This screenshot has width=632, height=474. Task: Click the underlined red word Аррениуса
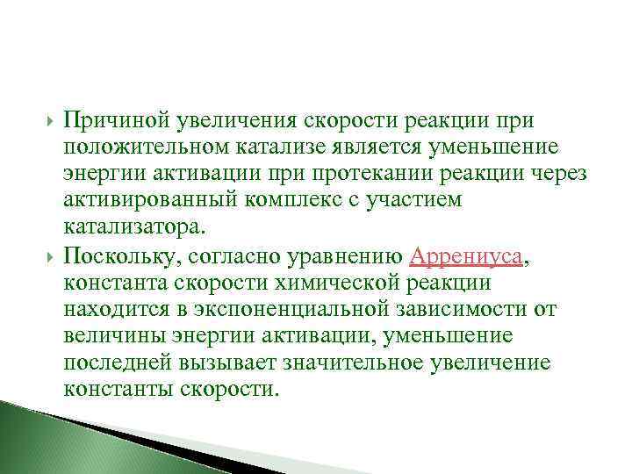(x=466, y=257)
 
